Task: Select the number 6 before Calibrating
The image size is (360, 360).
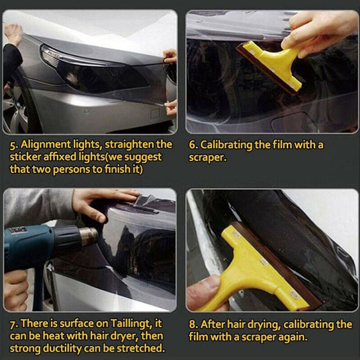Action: pyautogui.click(x=193, y=145)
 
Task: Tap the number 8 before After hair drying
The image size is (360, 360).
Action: pyautogui.click(x=193, y=324)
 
